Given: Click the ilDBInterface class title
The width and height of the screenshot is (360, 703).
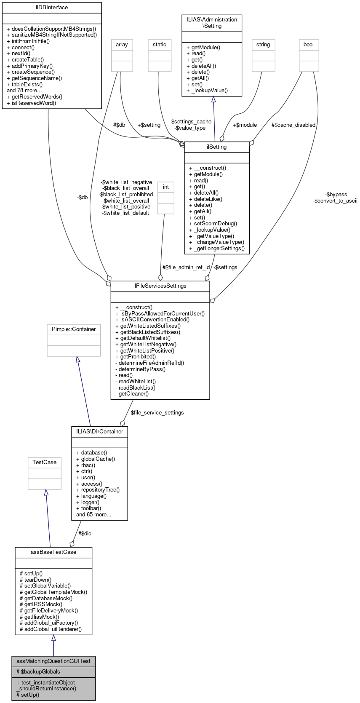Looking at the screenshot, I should coord(52,8).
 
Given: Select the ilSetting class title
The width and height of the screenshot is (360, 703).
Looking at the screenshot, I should coord(217,147).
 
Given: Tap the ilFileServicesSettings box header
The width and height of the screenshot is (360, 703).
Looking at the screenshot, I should coord(160,286).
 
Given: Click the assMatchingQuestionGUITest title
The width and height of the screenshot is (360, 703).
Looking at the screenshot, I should coord(53,661).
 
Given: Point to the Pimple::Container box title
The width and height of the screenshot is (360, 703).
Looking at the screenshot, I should coord(74,329).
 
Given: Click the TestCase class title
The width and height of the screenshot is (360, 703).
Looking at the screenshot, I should coord(45,462).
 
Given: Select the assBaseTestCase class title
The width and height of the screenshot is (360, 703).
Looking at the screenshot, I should coord(53,552).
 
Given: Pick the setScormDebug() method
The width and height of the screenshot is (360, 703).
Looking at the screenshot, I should coord(213,224).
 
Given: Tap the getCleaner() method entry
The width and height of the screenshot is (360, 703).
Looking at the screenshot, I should coord(132,394).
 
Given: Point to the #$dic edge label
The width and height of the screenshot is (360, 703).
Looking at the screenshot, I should coord(85,534).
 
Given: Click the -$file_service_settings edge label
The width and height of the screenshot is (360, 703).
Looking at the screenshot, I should coord(156,413).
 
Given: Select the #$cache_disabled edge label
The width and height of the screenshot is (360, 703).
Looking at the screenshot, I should coord(293,125).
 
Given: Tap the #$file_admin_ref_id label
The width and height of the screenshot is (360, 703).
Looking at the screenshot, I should coord(186,267).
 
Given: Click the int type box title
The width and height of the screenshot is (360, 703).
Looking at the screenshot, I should coord(166,187).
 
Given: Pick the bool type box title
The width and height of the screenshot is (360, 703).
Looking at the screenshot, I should coord(309,45).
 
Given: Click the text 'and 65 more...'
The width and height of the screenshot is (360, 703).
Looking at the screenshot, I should coord(93,515).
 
